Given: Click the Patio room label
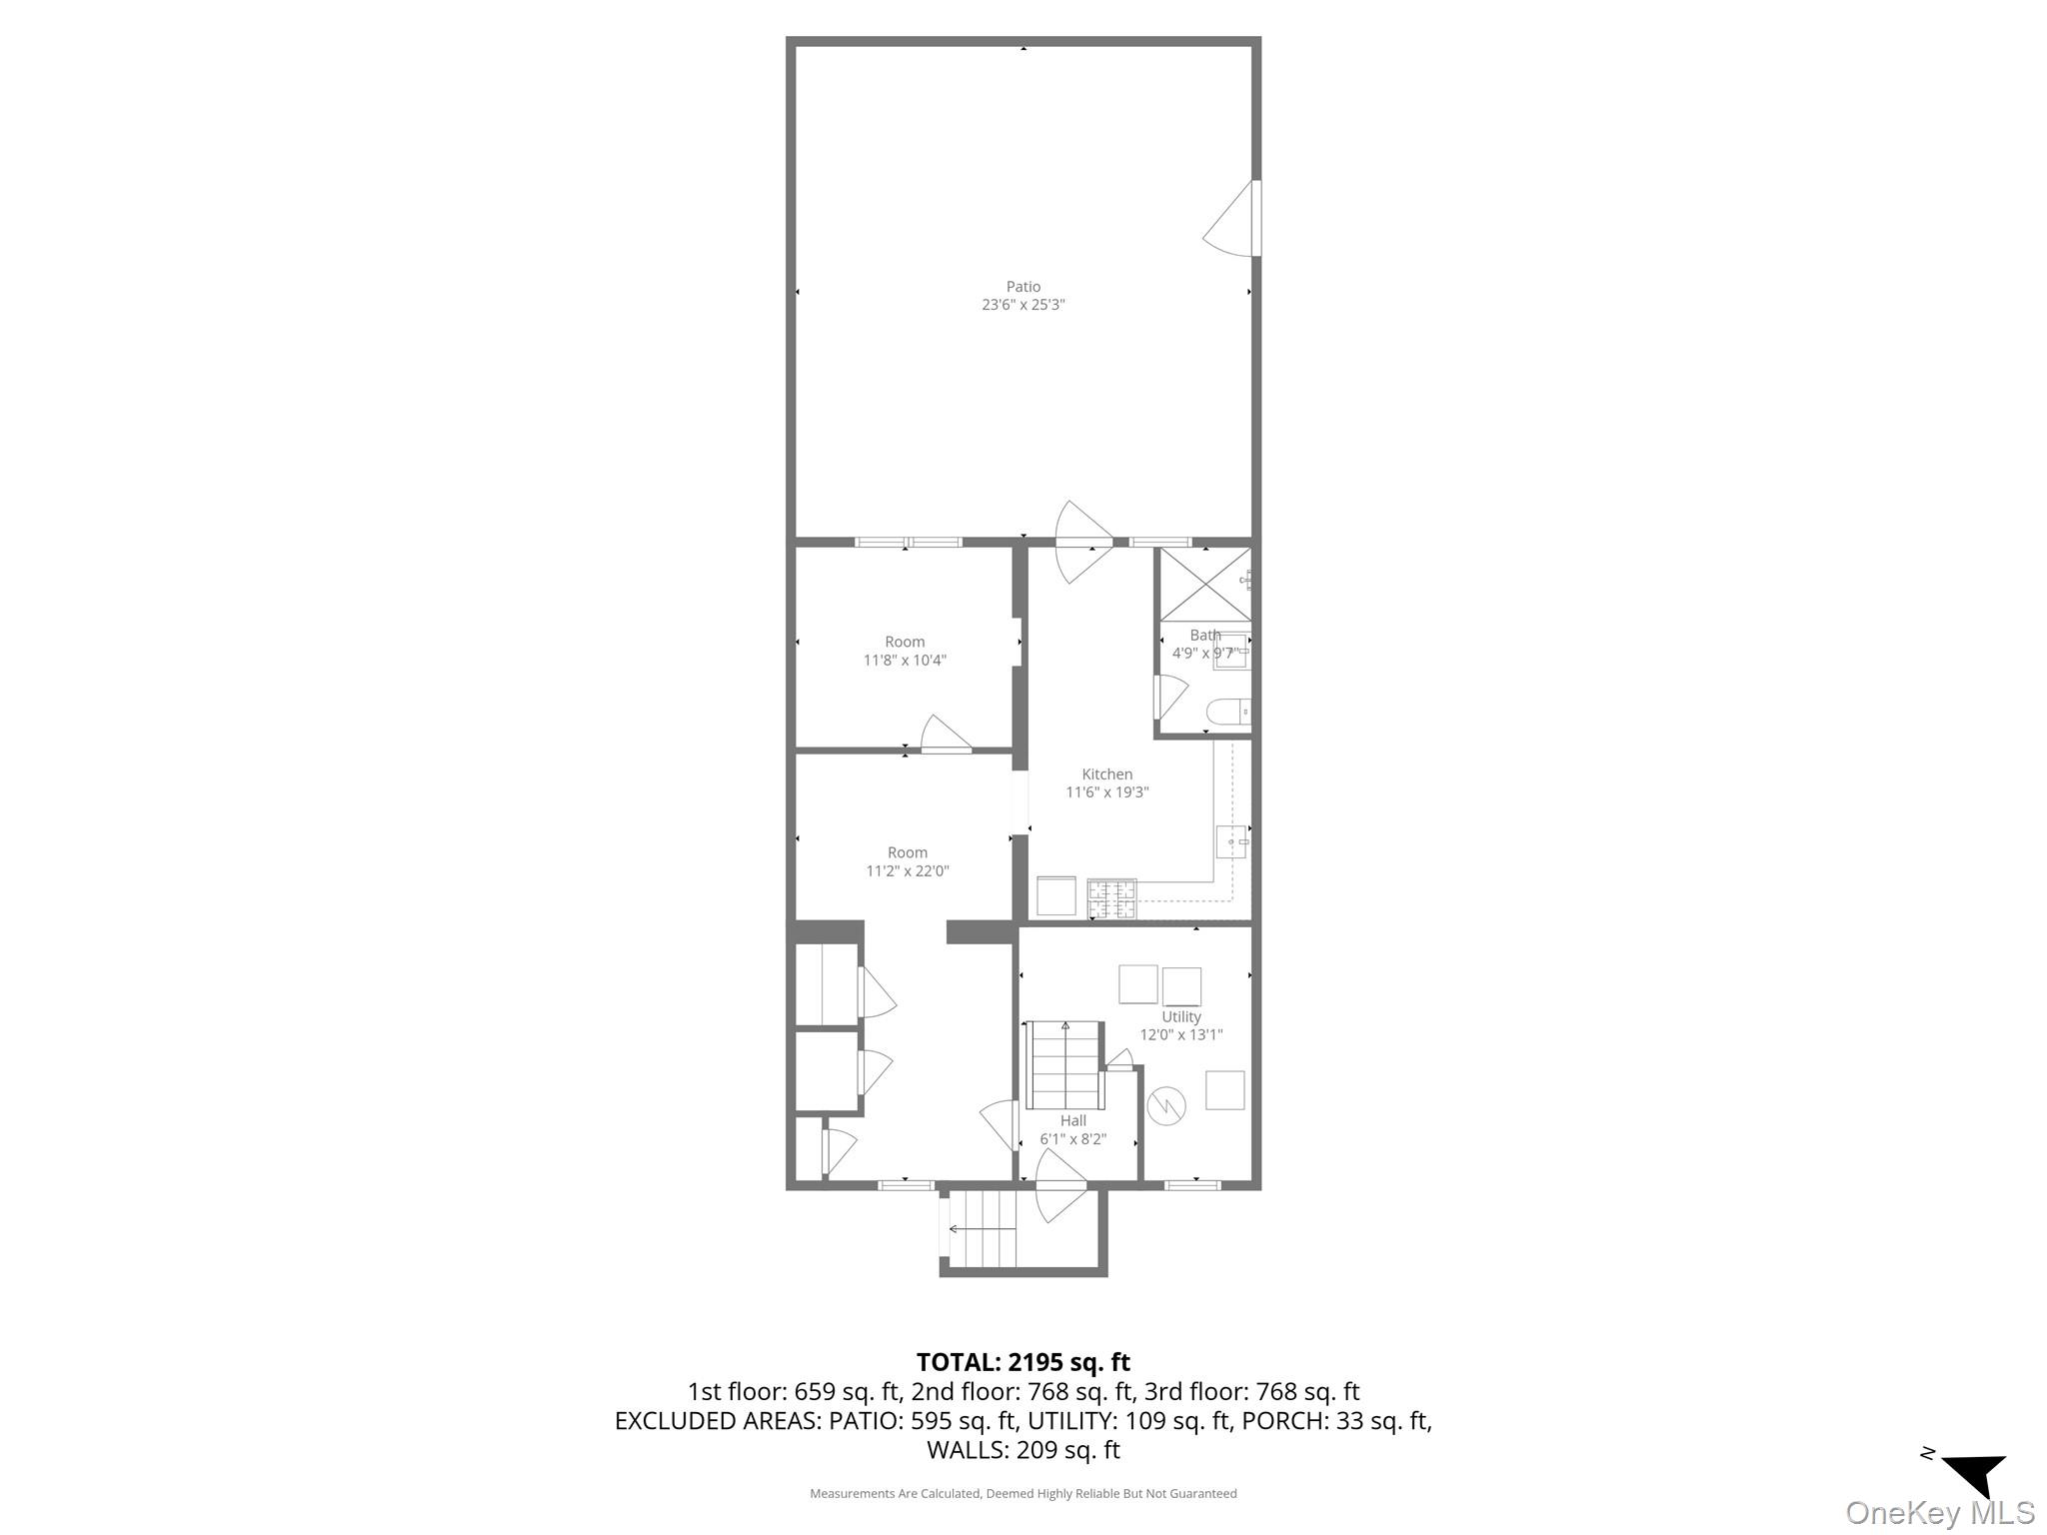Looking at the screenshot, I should coord(1023,287).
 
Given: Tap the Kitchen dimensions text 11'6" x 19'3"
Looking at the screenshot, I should coord(1106,792).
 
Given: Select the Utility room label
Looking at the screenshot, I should coord(1180,1016).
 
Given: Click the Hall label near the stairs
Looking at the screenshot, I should coord(1072,1120).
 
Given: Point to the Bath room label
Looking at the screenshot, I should coord(1204,635).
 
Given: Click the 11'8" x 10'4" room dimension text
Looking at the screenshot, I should coord(905,660).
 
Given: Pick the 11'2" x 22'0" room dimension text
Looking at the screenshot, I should coord(907,870).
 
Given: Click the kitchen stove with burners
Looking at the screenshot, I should coord(1111,897).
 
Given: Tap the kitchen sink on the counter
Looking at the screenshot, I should coord(1231,842).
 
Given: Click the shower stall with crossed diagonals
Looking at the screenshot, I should coord(1203,584).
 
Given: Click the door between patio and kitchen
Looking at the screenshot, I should coord(1085,543).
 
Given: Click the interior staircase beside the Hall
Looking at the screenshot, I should coord(1064,1064).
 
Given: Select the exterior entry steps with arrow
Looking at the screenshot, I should coord(981,1228).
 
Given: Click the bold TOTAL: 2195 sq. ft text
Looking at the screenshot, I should coord(1023,1362).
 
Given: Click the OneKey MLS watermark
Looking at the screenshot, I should coord(1939,1512).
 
